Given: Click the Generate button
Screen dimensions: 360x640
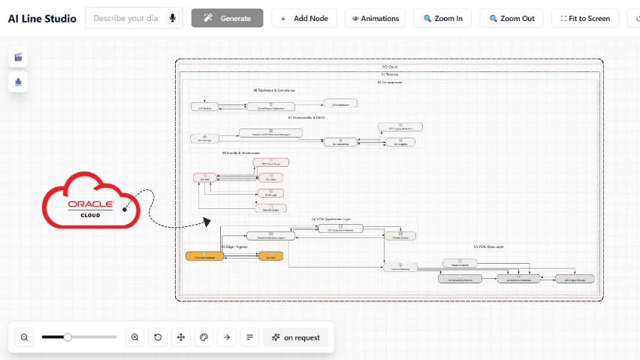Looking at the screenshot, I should point(227,18).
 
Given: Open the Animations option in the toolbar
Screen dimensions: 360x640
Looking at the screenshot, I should point(375,18).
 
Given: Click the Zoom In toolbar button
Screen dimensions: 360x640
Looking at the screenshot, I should point(442,18).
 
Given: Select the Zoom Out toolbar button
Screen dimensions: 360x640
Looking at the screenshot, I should point(511,18).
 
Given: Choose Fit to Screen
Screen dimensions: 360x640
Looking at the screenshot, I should point(584,18).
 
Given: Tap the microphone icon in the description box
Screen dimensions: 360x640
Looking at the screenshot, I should point(173,18).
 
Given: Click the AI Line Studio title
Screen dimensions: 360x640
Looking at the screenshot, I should point(42,18).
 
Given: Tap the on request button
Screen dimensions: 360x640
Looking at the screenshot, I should point(295,337).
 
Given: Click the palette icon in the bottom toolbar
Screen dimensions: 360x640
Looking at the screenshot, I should point(203,337).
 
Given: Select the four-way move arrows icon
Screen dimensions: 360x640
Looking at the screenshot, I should point(180,337).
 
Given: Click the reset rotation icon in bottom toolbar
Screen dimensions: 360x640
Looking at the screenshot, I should point(158,337).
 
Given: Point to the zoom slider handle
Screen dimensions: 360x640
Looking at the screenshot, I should point(68,337).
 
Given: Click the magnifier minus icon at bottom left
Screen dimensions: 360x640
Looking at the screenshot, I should point(24,337).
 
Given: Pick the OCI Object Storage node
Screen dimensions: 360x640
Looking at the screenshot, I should point(575,279).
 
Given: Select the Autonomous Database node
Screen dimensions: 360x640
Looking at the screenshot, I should point(518,279).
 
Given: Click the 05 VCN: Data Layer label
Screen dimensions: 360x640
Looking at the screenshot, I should point(489,247).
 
